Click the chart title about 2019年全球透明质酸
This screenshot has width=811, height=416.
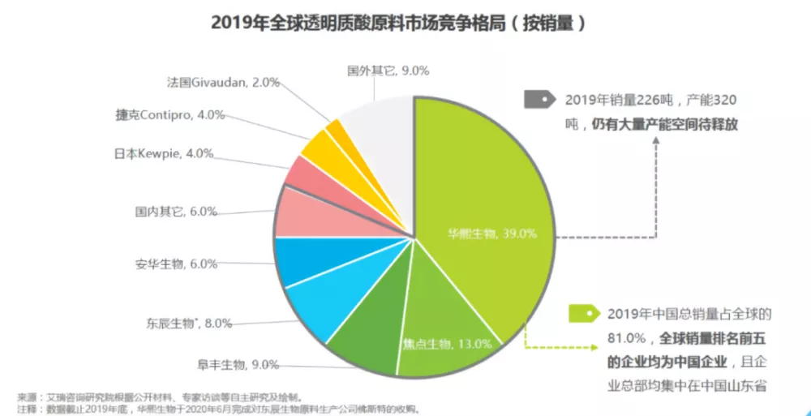(397, 23)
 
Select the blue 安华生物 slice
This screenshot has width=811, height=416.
(300, 259)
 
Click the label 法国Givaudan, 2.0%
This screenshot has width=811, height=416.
(223, 82)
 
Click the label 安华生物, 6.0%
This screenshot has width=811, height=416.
(176, 264)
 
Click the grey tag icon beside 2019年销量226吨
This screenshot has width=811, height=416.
(539, 101)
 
